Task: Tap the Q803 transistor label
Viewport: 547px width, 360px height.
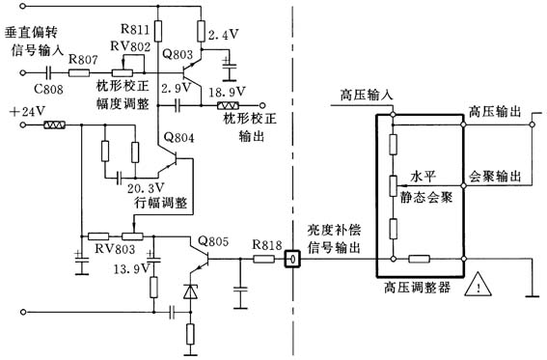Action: point(178,55)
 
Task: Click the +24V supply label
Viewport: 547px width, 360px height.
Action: point(26,111)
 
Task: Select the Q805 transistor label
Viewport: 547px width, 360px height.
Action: point(213,240)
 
